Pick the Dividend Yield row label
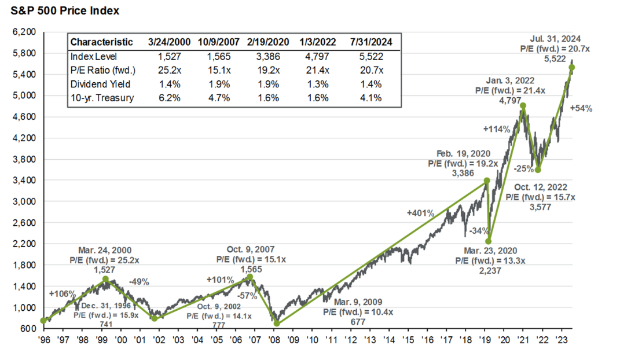tap(96, 85)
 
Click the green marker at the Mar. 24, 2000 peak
tap(105, 279)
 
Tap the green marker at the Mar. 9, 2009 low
tap(277, 323)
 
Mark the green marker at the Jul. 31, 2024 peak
tap(573, 68)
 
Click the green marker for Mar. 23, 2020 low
tap(489, 241)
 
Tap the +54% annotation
tap(581, 108)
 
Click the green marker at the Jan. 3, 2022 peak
tap(523, 106)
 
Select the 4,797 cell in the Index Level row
tap(315, 57)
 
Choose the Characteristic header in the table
tap(101, 42)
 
